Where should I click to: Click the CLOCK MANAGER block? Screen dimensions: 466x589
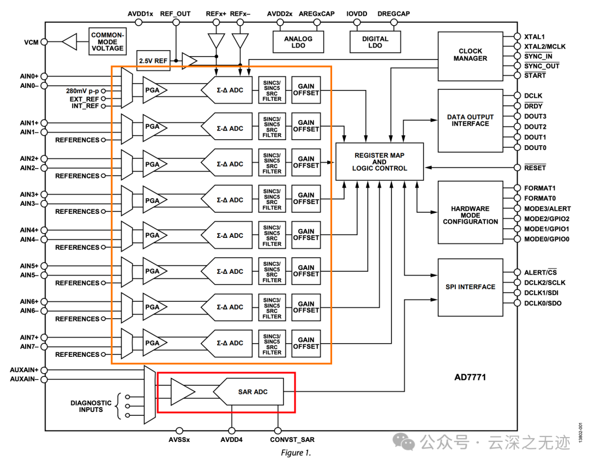pyautogui.click(x=470, y=55)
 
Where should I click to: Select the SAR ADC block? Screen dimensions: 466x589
pyautogui.click(x=253, y=392)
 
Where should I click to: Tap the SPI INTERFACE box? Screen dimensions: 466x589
pyautogui.click(x=470, y=287)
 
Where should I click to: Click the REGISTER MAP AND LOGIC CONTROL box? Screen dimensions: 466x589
pyautogui.click(x=380, y=162)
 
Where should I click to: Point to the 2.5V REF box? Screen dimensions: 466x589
pyautogui.click(x=153, y=61)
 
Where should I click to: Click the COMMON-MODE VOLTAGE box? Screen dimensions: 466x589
pyautogui.click(x=107, y=42)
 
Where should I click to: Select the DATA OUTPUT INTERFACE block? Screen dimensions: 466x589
pyautogui.click(x=470, y=120)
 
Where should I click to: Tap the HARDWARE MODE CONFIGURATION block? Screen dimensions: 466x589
pyautogui.click(x=470, y=215)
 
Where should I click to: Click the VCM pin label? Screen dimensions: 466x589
pyautogui.click(x=31, y=42)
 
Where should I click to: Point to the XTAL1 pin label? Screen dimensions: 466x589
pyautogui.click(x=535, y=37)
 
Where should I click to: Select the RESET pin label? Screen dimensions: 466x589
pyautogui.click(x=535, y=168)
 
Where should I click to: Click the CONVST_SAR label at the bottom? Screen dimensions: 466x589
pyautogui.click(x=292, y=439)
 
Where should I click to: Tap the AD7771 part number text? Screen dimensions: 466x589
pyautogui.click(x=470, y=377)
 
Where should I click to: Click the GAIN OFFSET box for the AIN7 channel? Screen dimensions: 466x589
pyautogui.click(x=306, y=343)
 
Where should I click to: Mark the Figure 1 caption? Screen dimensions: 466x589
pyautogui.click(x=296, y=453)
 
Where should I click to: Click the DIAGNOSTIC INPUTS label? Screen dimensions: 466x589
pyautogui.click(x=91, y=406)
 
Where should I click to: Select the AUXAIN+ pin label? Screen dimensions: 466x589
pyautogui.click(x=25, y=370)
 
